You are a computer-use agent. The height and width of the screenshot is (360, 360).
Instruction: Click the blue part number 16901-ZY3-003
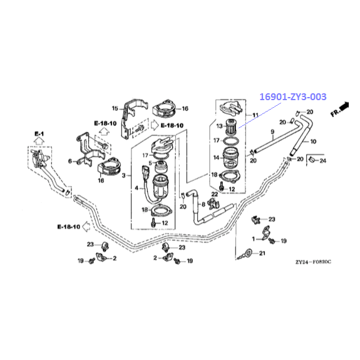pos(293,97)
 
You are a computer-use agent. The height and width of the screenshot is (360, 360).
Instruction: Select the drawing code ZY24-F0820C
pos(314,262)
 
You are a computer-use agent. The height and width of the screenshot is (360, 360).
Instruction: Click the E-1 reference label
pos(39,133)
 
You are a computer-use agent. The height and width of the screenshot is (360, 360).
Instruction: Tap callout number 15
pos(115,108)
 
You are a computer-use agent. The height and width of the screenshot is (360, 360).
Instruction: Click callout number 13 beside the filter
pos(220,126)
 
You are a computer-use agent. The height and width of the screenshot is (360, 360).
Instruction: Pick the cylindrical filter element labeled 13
pos(230,126)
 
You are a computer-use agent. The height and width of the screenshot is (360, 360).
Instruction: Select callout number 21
pos(262,253)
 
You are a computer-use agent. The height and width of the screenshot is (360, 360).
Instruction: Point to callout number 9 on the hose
pos(272,131)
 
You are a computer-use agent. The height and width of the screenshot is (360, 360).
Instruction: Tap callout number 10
pos(313,141)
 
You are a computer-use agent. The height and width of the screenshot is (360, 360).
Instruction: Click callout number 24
pos(323,161)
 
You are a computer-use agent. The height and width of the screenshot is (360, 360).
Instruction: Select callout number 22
pos(215,194)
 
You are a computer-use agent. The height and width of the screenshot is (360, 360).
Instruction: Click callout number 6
pos(70,162)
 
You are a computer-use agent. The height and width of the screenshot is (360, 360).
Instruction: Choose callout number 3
pos(123,176)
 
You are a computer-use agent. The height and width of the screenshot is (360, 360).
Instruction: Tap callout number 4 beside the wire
pos(136,188)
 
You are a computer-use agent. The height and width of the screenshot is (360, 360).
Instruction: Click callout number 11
pos(255,115)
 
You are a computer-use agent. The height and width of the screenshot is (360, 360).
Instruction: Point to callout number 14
pos(216,158)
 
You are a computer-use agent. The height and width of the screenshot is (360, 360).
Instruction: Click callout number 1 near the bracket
pos(254,239)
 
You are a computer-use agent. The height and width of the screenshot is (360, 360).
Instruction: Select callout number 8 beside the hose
pos(203,204)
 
